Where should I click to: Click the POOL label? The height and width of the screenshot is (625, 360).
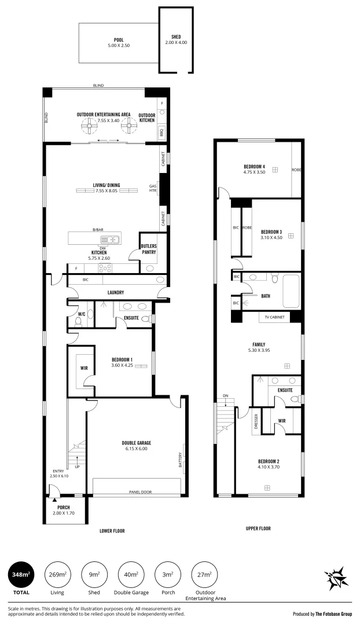pyautogui.click(x=119, y=40)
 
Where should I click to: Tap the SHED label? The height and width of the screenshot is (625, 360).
pyautogui.click(x=176, y=37)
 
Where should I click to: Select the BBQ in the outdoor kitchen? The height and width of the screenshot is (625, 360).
pyautogui.click(x=162, y=131)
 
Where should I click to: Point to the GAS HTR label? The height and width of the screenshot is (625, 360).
pyautogui.click(x=152, y=188)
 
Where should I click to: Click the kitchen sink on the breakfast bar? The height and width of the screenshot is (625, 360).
pyautogui.click(x=110, y=239)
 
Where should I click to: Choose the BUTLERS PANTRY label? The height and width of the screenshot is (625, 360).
pyautogui.click(x=148, y=249)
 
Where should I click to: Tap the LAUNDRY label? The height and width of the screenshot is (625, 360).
pyautogui.click(x=116, y=293)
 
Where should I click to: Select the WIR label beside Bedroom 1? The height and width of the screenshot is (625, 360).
pyautogui.click(x=84, y=368)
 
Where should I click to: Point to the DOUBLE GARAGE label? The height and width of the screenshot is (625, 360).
pyautogui.click(x=137, y=443)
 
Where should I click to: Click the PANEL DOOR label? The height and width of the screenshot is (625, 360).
pyautogui.click(x=140, y=492)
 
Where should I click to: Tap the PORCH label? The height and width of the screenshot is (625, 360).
pyautogui.click(x=64, y=508)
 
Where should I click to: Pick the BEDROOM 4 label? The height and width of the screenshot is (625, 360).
pyautogui.click(x=254, y=167)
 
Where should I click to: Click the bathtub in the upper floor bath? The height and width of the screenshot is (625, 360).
pyautogui.click(x=291, y=291)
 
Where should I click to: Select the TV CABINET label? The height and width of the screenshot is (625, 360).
pyautogui.click(x=274, y=317)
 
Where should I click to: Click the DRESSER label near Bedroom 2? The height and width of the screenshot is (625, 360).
pyautogui.click(x=256, y=421)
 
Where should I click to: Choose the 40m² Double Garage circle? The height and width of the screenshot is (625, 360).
pyautogui.click(x=131, y=575)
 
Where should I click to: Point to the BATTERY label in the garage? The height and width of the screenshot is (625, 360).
pyautogui.click(x=180, y=460)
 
